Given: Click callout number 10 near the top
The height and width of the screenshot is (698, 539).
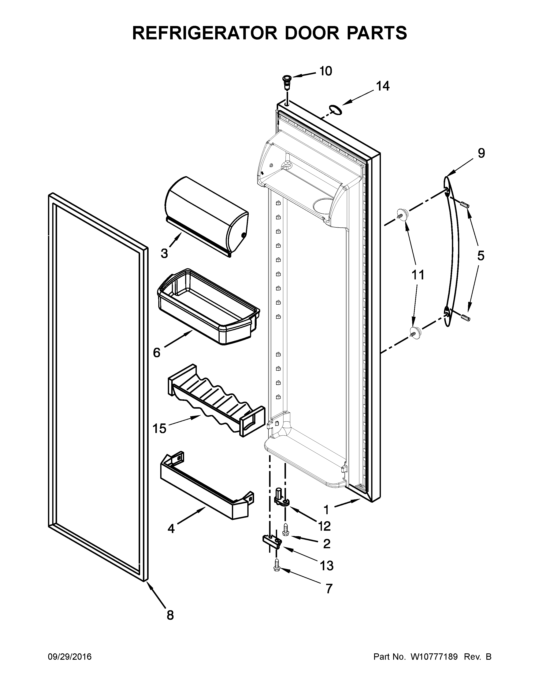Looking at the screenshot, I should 326,71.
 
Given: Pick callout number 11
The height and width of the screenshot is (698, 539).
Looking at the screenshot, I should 418,275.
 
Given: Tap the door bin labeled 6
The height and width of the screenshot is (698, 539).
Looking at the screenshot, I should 208,307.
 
